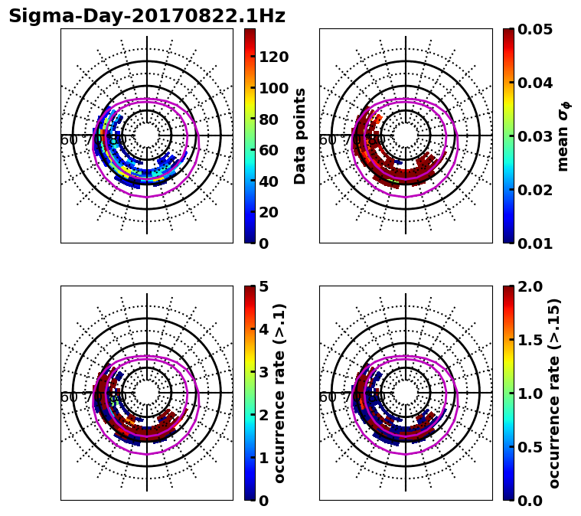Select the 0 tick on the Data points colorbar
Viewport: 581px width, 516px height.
[x=263, y=243]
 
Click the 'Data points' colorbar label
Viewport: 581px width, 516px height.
[x=300, y=136]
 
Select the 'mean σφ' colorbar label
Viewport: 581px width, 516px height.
[x=563, y=136]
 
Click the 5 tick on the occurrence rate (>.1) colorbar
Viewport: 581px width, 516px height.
[x=263, y=286]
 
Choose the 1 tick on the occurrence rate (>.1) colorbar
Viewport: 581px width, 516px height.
[x=263, y=458]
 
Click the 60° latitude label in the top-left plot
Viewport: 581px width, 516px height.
[x=69, y=140]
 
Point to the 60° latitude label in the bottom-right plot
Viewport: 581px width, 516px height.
[x=328, y=397]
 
